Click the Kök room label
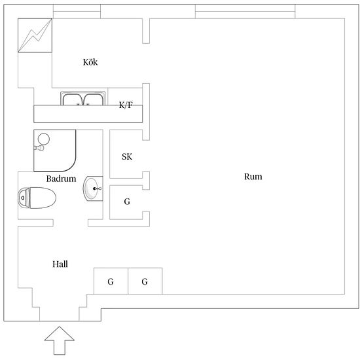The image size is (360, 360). point(90,62)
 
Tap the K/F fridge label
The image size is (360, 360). point(126,105)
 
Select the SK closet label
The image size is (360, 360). point(127,157)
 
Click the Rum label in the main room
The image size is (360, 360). point(253,177)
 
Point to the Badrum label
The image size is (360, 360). point(61,179)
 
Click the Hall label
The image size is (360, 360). point(60,264)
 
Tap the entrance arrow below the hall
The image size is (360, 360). point(60,340)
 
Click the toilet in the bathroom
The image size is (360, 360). point(37,198)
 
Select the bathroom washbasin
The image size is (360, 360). point(93,189)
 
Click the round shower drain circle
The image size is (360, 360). point(44,139)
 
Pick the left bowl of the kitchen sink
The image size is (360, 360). point(73,99)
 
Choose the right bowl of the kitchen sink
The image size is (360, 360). point(93,99)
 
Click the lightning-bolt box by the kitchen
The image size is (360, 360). point(35,35)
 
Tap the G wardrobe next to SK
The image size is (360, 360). point(127,202)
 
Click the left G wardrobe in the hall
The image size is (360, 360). point(111,281)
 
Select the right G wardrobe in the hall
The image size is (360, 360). point(145,281)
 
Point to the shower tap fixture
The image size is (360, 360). point(39,148)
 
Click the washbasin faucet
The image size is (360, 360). point(97,189)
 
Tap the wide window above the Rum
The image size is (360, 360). point(245,11)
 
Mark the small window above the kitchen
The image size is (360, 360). point(77,11)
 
